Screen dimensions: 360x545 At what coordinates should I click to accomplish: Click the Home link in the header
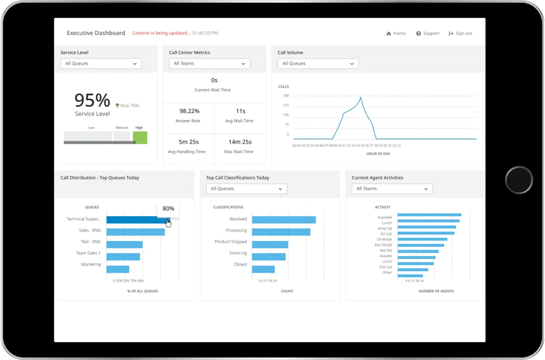point(396,33)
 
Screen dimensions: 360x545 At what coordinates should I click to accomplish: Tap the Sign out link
point(461,33)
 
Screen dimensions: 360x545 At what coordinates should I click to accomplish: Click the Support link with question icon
point(428,33)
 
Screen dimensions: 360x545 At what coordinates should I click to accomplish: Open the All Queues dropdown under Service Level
point(101,64)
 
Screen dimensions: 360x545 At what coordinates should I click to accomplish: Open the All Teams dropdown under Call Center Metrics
point(209,64)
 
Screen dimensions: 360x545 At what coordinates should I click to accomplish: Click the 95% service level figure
point(92,100)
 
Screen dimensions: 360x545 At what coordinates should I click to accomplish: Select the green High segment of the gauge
point(140,138)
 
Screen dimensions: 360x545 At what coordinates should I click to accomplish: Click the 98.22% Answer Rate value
point(189,111)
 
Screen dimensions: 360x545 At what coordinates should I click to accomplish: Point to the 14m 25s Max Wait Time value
point(240,142)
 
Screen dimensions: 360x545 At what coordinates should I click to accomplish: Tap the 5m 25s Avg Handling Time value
point(189,142)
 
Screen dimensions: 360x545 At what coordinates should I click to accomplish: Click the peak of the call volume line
point(361,98)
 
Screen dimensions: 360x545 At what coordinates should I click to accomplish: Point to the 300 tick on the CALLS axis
point(286,96)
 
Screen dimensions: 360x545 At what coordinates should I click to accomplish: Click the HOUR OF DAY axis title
point(378,153)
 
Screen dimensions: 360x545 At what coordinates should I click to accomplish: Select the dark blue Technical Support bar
point(136,220)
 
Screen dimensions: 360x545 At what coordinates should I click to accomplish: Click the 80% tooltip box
point(168,209)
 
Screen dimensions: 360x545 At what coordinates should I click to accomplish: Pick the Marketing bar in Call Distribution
point(118,269)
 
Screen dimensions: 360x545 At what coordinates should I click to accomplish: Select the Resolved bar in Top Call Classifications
point(283,220)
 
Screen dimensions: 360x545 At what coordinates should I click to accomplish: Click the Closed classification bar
point(263,269)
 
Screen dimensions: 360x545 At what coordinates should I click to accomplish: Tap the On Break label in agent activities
point(384,239)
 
